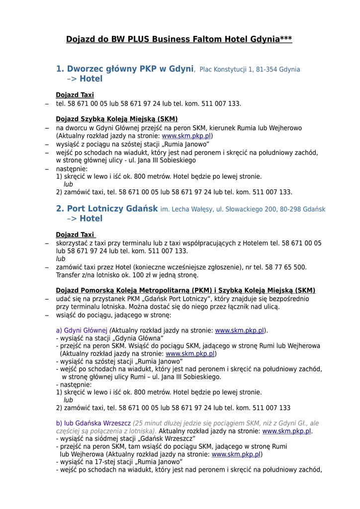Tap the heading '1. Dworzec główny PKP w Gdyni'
125,69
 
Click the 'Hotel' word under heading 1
91,79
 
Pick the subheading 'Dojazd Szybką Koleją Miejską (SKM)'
116,119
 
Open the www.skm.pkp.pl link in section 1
186,136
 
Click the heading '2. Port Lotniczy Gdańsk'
107,209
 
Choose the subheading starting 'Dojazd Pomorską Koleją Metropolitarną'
185,291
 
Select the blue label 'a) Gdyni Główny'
82,331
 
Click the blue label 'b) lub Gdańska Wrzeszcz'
93,424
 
